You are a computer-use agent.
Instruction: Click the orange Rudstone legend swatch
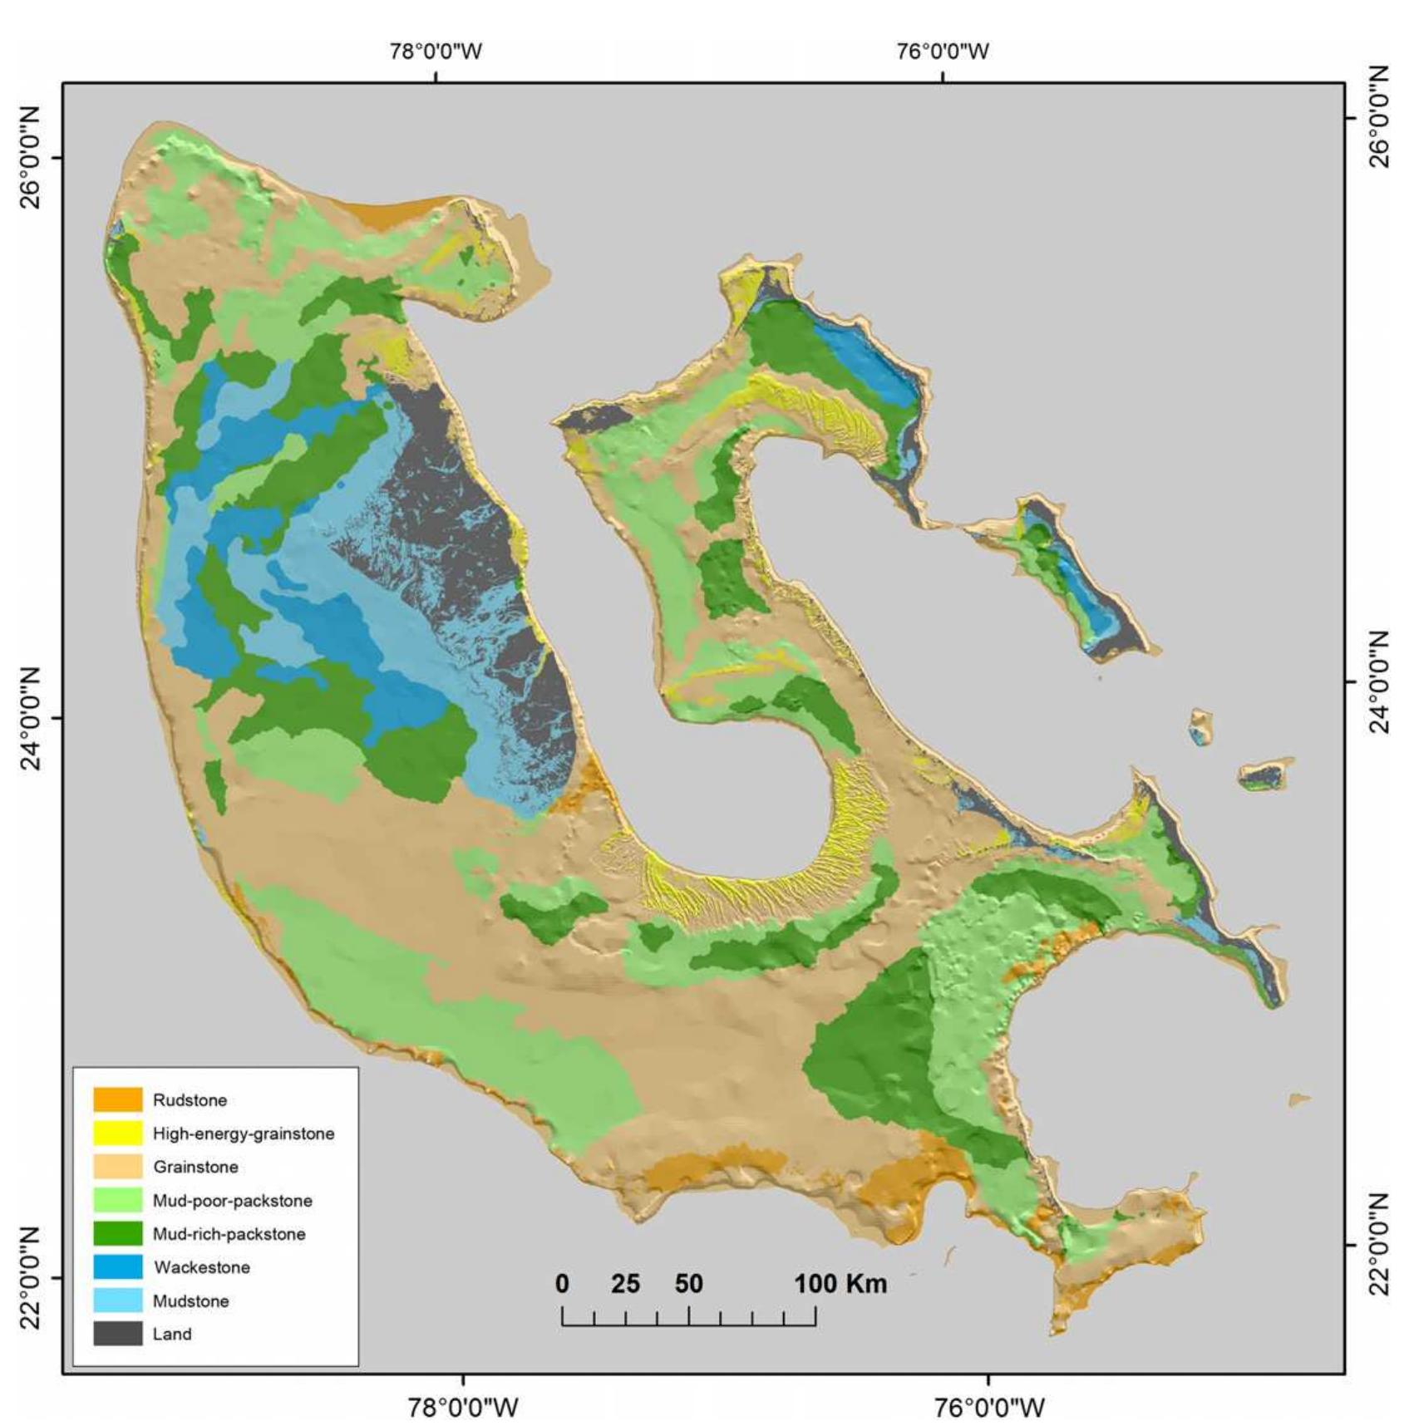[x=117, y=1099]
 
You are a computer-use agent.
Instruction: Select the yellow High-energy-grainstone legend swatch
[x=117, y=1133]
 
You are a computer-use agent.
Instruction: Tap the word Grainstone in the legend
[x=195, y=1167]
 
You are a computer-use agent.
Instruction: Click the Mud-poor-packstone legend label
[x=232, y=1200]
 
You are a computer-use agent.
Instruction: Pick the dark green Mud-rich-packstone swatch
[x=117, y=1233]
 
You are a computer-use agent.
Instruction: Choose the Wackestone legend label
[x=201, y=1267]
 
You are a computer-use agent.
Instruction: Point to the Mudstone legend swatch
[x=117, y=1301]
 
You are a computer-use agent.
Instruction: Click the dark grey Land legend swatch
[x=117, y=1334]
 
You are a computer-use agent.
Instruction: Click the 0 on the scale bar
[x=563, y=1284]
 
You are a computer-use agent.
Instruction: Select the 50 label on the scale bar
[x=688, y=1284]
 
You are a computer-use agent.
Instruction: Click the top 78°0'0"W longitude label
[x=436, y=52]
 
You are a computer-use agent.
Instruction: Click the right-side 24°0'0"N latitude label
[x=1379, y=681]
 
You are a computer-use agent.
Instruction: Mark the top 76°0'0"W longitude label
[x=943, y=52]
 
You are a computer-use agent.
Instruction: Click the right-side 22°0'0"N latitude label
[x=1379, y=1244]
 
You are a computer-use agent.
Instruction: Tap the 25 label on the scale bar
[x=626, y=1284]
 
